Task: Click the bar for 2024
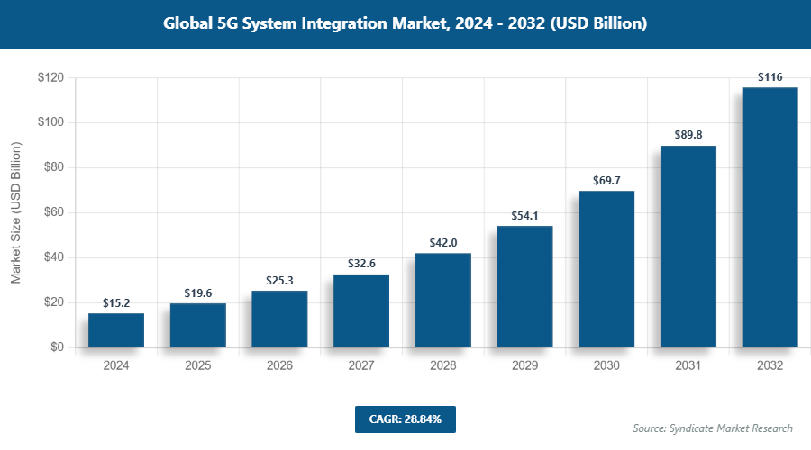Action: [x=116, y=330]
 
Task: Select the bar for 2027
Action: [x=361, y=310]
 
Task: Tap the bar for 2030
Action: [x=606, y=269]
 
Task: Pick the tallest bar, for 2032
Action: [x=770, y=217]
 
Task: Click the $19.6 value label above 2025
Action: [x=198, y=292]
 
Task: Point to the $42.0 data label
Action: [x=442, y=242]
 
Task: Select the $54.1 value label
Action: [x=524, y=215]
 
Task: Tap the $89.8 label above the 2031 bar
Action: [x=688, y=135]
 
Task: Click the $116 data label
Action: [x=770, y=77]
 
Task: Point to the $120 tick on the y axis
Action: [x=50, y=78]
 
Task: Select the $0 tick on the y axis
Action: [x=56, y=347]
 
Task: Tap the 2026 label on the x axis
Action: [x=279, y=366]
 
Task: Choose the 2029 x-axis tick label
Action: [x=524, y=366]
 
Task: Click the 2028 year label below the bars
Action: [x=442, y=366]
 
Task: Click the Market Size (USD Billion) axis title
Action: [x=16, y=213]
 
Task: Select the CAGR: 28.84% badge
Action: [x=405, y=419]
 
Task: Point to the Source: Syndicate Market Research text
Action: [x=712, y=428]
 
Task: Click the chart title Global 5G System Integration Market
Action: [x=405, y=24]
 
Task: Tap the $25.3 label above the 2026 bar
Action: [x=279, y=281]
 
